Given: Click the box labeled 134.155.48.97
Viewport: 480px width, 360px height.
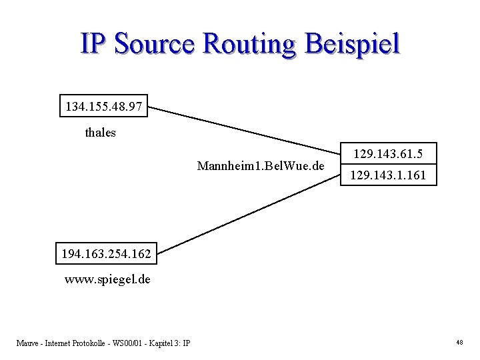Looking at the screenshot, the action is tap(104, 106).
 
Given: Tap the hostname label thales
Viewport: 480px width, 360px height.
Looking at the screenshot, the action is tap(100, 133).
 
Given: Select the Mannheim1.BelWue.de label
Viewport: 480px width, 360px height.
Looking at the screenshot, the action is tap(261, 164).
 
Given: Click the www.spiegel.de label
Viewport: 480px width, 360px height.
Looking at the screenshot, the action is tap(107, 279).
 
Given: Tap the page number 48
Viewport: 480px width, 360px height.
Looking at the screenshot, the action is tap(459, 343).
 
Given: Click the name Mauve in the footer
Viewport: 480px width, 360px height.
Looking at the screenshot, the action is tap(28, 343).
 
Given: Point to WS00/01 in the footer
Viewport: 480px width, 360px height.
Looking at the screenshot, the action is tap(127, 343).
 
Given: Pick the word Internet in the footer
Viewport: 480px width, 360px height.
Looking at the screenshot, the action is tap(60, 343).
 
